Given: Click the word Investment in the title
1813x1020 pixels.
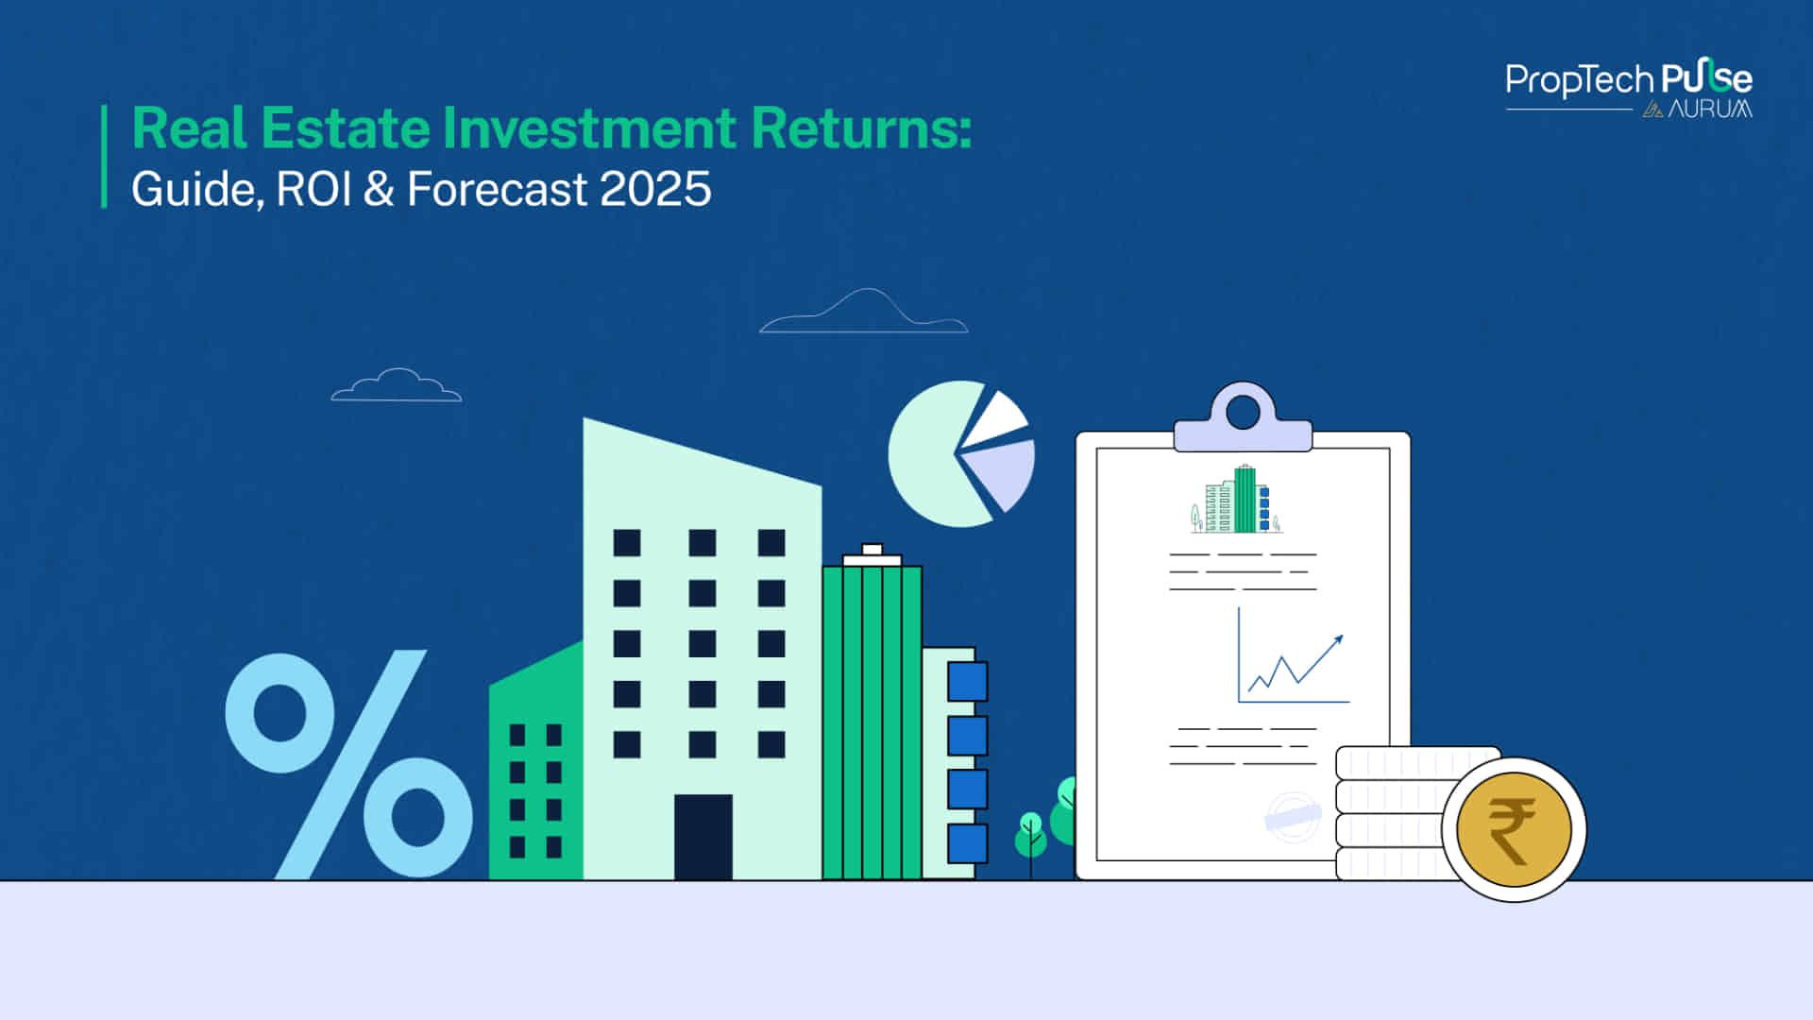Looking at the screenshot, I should (588, 128).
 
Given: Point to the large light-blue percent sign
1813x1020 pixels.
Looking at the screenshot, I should (348, 763).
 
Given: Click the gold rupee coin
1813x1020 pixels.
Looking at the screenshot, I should (1514, 830).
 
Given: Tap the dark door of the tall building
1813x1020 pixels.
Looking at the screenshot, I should (703, 837).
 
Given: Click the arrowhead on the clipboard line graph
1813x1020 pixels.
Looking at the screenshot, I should (1337, 641).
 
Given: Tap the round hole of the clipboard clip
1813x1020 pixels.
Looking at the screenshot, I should (1243, 412).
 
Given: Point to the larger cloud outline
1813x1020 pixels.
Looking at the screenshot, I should (864, 314).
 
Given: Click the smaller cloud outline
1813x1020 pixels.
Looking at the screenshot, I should (397, 386).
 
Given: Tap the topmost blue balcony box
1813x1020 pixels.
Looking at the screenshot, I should (967, 681).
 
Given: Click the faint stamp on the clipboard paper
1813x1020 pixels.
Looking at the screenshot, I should (1292, 816).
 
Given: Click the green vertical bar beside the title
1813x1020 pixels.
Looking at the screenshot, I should (104, 156).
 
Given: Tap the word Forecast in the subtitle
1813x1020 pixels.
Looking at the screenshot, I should (497, 189).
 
